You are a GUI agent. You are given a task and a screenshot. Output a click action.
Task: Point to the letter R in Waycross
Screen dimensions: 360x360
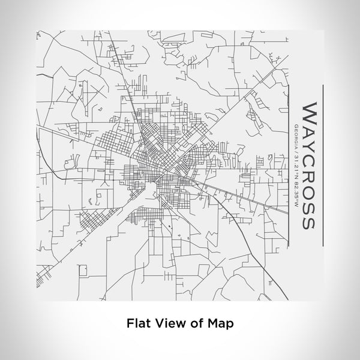coord(308,170)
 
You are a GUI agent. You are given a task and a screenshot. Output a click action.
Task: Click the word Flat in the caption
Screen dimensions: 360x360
coord(138,322)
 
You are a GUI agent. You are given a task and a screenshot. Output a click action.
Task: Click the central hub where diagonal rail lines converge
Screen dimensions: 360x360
coord(161,172)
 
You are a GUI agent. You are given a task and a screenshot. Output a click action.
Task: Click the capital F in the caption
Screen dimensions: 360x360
coord(130,322)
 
